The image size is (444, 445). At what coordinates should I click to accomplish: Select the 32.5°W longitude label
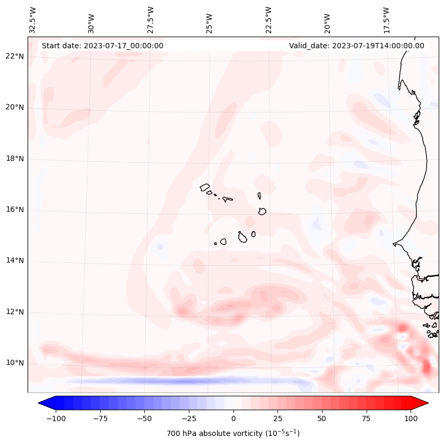(x=33, y=20)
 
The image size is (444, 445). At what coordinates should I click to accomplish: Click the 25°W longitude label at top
(x=210, y=20)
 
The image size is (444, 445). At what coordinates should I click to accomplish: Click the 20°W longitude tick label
(x=327, y=20)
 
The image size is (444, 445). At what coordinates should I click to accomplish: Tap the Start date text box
(x=102, y=46)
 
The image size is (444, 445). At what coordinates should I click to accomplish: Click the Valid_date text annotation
(x=356, y=46)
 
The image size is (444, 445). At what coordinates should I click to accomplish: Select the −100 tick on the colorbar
(x=54, y=418)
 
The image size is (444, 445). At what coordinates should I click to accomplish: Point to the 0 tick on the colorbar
(x=233, y=418)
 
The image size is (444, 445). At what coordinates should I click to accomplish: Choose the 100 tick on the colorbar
(x=411, y=418)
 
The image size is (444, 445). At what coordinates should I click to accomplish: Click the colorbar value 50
(x=322, y=418)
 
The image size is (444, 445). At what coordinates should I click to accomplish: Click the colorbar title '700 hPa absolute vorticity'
(x=233, y=433)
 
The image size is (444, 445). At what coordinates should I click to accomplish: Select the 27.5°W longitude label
(x=151, y=20)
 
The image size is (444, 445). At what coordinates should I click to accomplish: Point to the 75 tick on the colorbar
(x=367, y=418)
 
